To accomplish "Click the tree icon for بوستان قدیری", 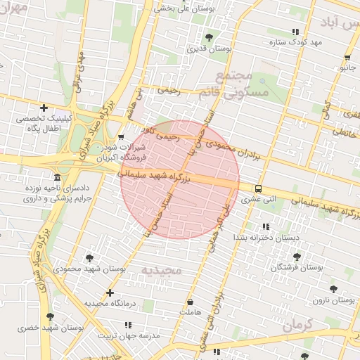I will pyautogui.click(x=209, y=37).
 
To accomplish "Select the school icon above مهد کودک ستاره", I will pyautogui.click(x=295, y=32).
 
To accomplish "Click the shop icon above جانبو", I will pyautogui.click(x=347, y=58).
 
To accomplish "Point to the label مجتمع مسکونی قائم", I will pyautogui.click(x=240, y=84).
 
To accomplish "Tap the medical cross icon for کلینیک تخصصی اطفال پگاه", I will pyautogui.click(x=44, y=108).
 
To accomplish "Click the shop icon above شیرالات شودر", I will pyautogui.click(x=122, y=137).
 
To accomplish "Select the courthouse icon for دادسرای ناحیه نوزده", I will pyautogui.click(x=57, y=177).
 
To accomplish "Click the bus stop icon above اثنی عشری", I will pyautogui.click(x=259, y=188).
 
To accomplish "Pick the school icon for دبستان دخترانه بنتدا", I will pyautogui.click(x=266, y=226).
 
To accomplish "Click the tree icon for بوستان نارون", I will pyautogui.click(x=333, y=288).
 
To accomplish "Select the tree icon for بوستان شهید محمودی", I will pyautogui.click(x=89, y=258).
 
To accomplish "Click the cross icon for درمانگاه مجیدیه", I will pyautogui.click(x=109, y=292).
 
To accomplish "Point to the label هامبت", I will pyautogui.click(x=190, y=311).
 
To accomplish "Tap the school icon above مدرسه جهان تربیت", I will pyautogui.click(x=128, y=325).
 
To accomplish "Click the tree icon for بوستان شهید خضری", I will pyautogui.click(x=49, y=317).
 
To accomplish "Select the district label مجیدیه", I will pyautogui.click(x=161, y=270).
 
